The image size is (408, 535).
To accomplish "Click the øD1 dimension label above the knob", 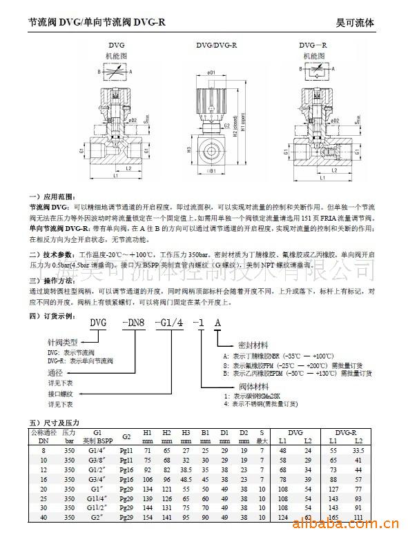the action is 211,72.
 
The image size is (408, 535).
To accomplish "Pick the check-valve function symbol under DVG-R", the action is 315,72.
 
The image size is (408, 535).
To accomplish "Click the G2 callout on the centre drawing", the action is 226,127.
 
